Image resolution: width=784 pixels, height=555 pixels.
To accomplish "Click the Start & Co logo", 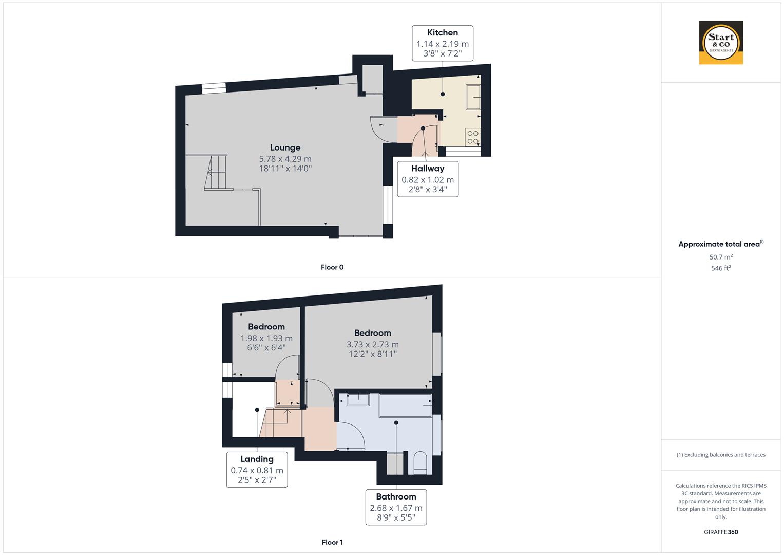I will coord(721,42).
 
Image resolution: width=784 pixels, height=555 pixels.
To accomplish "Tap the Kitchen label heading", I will coord(443,32).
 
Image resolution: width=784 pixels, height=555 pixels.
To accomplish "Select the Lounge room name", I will coord(285,147).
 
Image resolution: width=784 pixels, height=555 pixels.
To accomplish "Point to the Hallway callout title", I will coord(428,168).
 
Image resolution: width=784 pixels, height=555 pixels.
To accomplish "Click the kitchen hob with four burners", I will coord(473,137).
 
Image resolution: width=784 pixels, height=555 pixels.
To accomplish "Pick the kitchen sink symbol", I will coord(473,97).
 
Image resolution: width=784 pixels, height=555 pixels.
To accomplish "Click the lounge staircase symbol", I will coord(216,172).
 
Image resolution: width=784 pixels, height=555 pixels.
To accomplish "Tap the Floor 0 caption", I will coord(332,267).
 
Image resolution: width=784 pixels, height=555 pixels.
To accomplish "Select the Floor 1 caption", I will coord(332,542).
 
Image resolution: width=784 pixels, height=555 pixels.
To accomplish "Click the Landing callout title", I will coord(257,459).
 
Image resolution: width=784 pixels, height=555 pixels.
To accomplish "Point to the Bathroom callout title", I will coord(396,496).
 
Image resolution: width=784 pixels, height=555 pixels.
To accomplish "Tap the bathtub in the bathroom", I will coord(405,405).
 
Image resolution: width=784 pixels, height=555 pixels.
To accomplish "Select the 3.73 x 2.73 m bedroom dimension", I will coord(372,344).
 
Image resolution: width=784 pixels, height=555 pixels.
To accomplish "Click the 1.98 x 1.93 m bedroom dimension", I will coord(266,338).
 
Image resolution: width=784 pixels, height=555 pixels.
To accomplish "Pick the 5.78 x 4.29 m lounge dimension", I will coord(285,159).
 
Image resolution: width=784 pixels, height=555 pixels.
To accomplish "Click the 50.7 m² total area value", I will coord(721,257).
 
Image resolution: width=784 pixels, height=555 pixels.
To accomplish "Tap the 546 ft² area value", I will coord(721,268).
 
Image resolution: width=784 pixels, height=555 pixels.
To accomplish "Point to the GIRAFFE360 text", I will coord(721,532).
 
